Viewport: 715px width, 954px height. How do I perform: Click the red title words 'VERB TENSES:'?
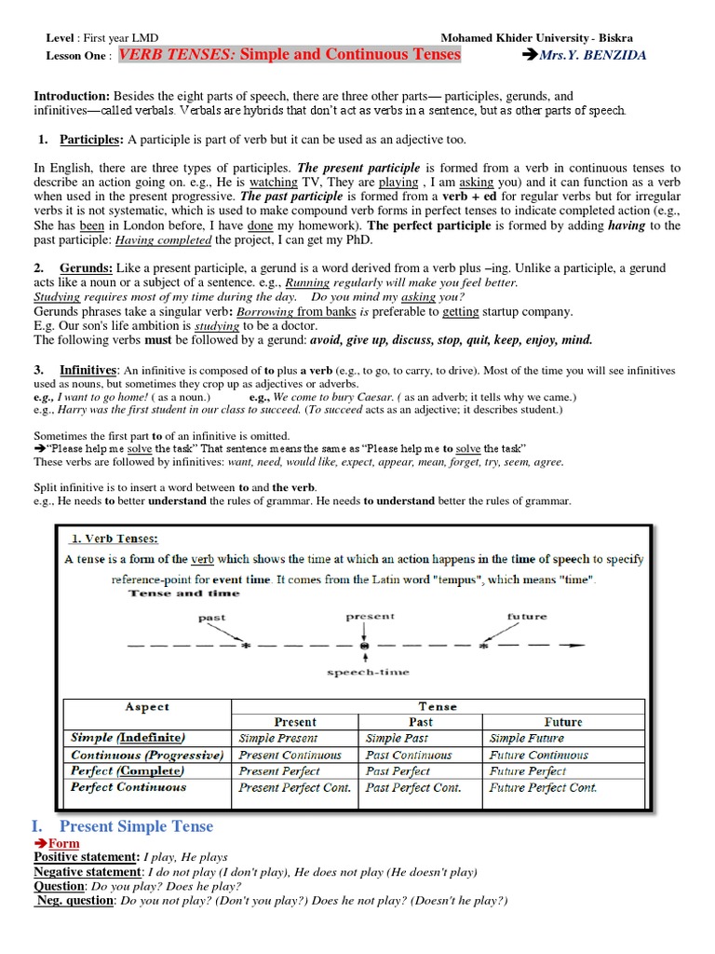176,55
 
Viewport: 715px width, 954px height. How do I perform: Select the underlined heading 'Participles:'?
89,140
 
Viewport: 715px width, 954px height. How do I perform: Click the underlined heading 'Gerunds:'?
90,268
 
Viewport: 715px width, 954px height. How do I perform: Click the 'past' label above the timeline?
212,618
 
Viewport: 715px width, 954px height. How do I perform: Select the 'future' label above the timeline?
527,617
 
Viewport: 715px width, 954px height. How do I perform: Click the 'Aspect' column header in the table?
147,706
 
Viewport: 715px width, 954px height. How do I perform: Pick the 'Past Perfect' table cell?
398,771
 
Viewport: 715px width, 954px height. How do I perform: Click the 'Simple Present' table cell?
277,738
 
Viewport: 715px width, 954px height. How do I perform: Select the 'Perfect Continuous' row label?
128,787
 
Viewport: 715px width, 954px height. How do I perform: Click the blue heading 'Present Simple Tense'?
136,825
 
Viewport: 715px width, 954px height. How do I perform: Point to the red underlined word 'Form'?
63,843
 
